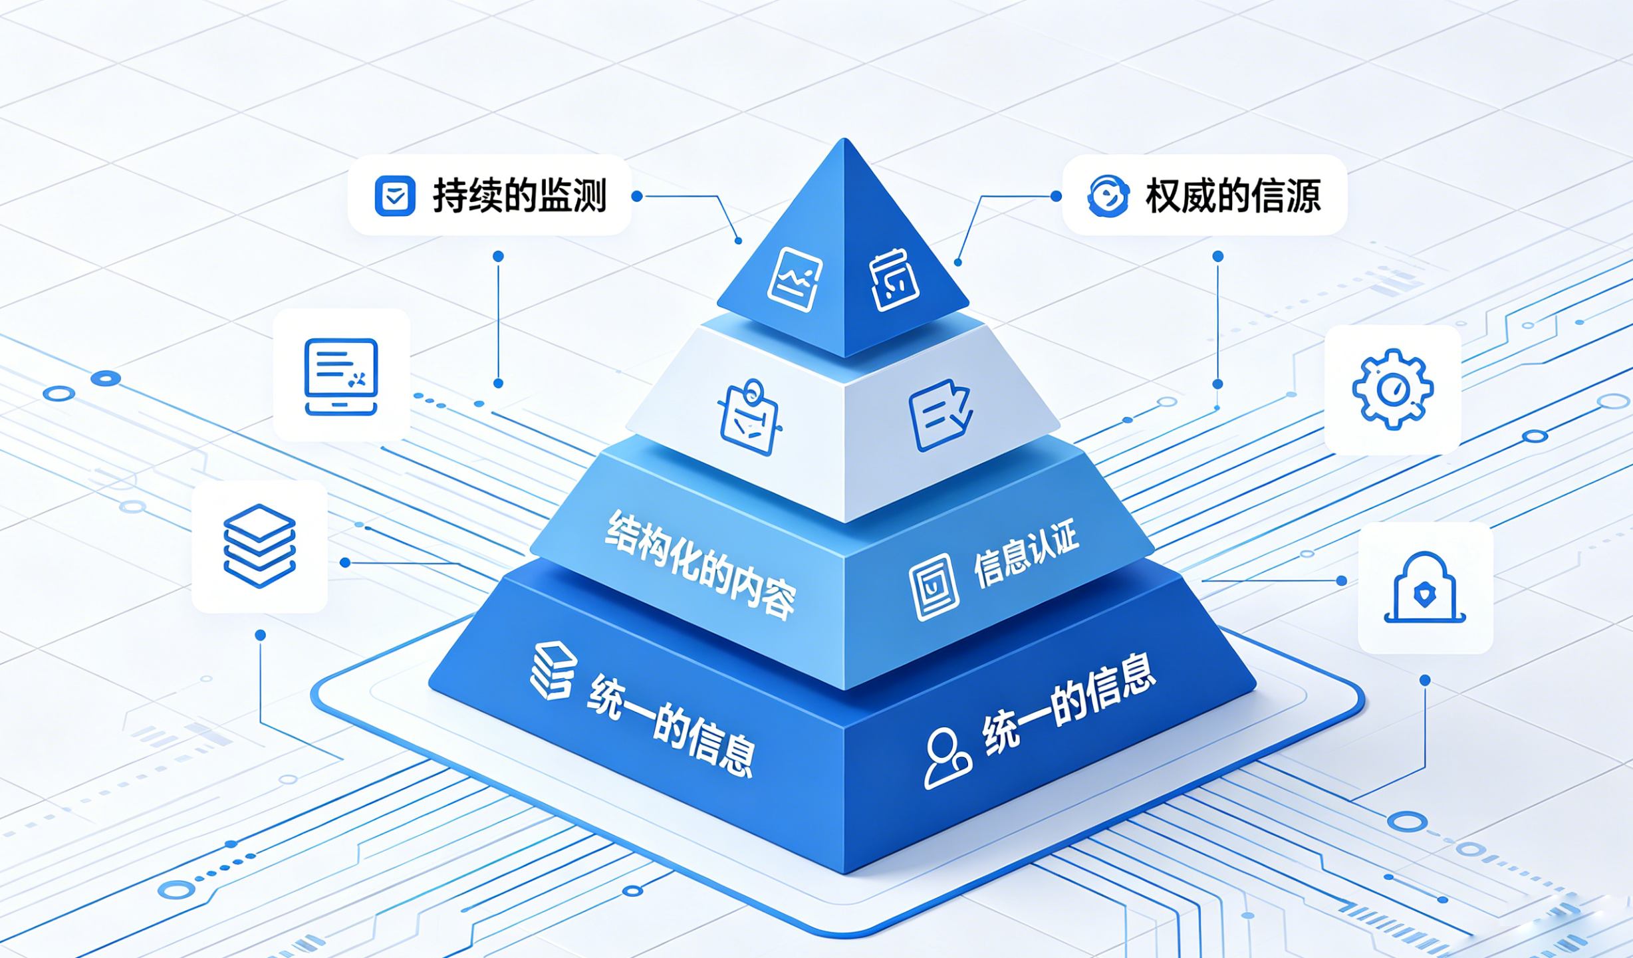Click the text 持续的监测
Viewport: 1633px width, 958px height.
click(x=520, y=195)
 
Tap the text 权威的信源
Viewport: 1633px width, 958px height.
click(x=1233, y=195)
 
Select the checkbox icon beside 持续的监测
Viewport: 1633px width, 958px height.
click(x=395, y=195)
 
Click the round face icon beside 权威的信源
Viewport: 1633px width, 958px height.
click(x=1108, y=195)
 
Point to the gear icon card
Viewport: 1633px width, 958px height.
click(x=1392, y=390)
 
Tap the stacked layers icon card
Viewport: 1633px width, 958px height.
click(x=259, y=546)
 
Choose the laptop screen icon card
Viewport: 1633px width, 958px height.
click(x=341, y=375)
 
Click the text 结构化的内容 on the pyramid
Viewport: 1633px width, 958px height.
click(x=699, y=565)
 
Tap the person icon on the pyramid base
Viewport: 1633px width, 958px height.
click(x=947, y=759)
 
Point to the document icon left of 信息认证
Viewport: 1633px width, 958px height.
click(x=934, y=587)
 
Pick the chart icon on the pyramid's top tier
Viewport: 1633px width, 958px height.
click(x=795, y=279)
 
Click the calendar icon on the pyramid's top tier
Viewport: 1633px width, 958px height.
click(x=894, y=279)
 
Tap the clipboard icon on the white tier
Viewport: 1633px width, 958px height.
click(x=749, y=418)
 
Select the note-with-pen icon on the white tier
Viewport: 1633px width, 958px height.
click(x=940, y=415)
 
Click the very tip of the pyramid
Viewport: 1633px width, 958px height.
click(x=844, y=138)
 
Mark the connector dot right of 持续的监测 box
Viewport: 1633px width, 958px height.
click(x=637, y=196)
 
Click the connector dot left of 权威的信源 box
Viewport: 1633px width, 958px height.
click(x=1056, y=196)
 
